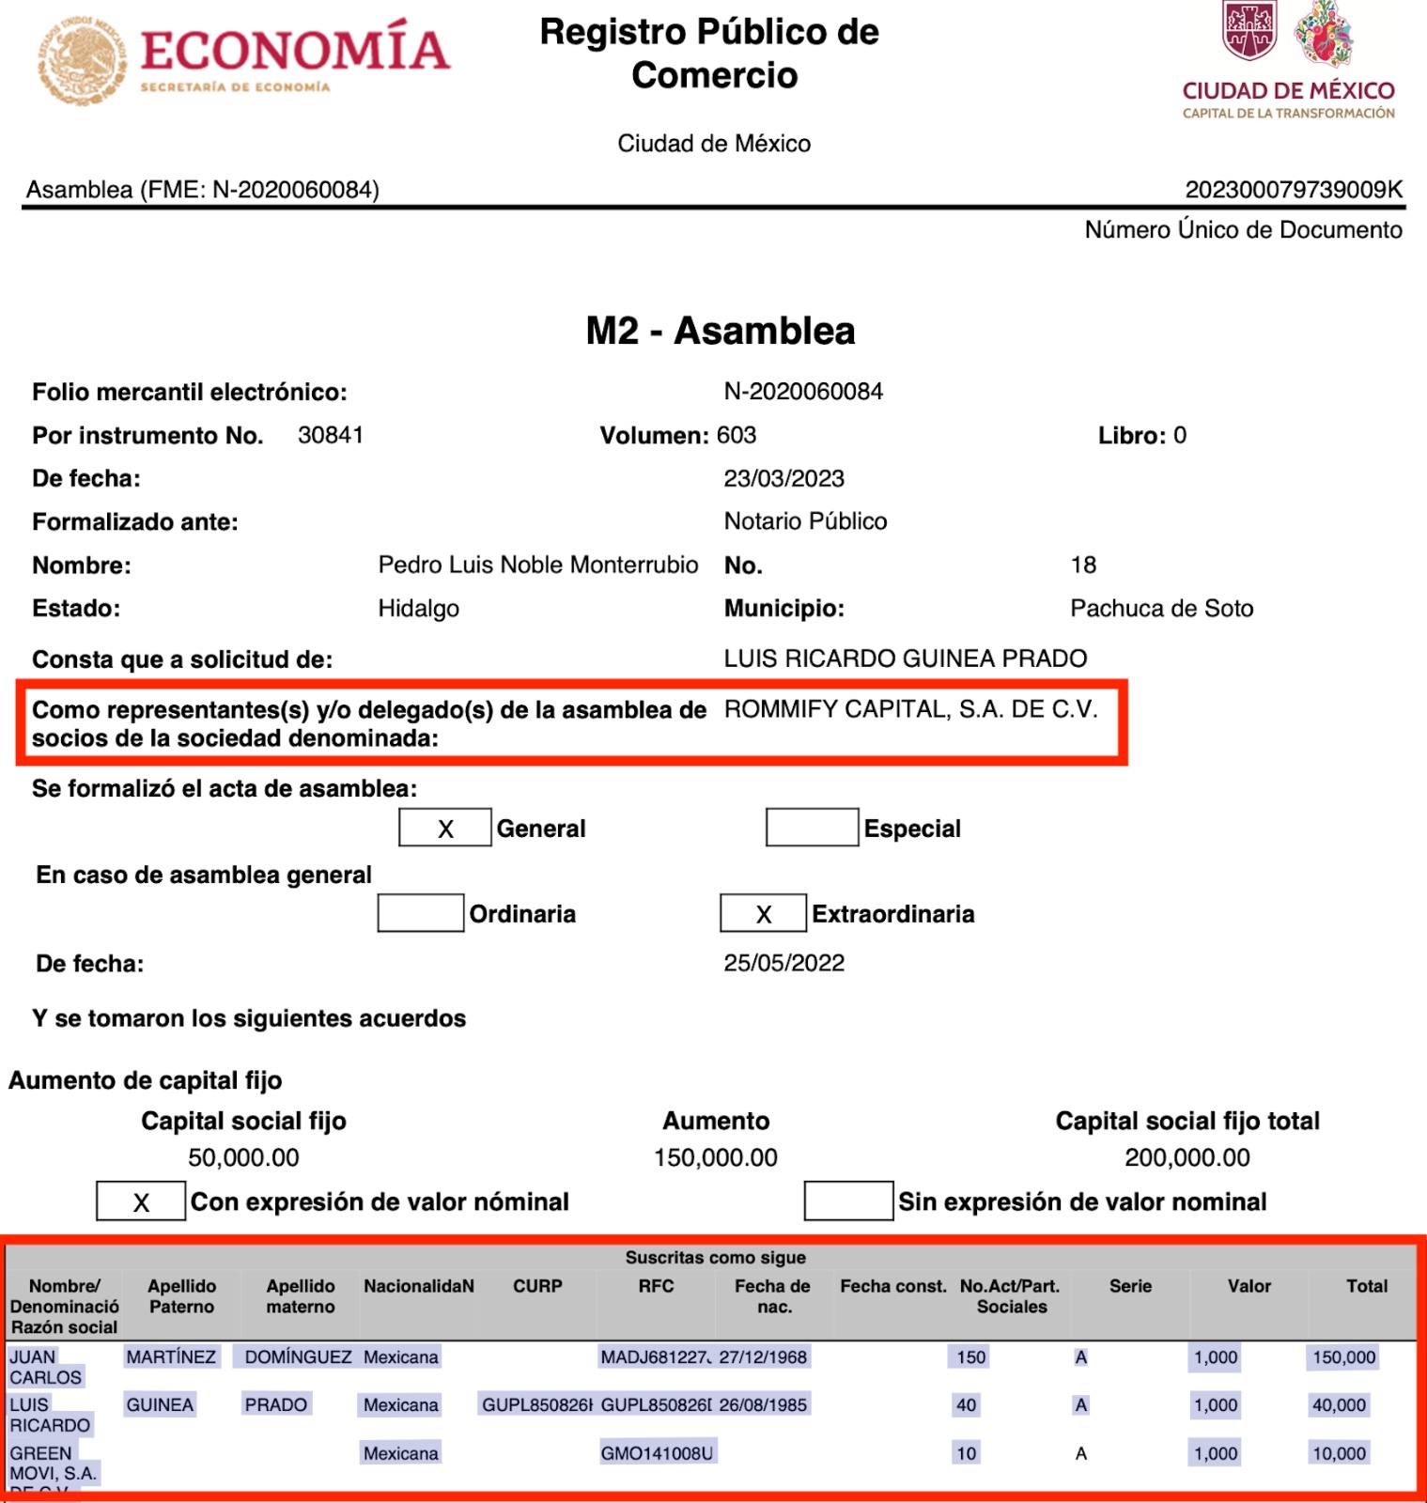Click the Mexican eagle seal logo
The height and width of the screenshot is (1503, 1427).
tap(82, 60)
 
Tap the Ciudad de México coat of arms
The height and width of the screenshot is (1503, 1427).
tap(1249, 30)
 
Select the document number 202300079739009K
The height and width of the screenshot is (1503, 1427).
tap(1294, 190)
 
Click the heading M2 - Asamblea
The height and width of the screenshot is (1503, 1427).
tap(720, 331)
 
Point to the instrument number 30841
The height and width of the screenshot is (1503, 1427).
tap(330, 435)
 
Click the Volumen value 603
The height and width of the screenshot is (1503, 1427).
tap(736, 435)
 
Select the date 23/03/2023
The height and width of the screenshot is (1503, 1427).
tap(783, 478)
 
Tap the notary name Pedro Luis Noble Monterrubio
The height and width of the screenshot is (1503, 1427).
tap(537, 565)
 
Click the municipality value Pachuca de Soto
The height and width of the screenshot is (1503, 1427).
tap(1161, 608)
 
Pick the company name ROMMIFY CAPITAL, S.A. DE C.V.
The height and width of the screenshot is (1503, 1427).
tap(910, 709)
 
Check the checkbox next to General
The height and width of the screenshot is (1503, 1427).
tap(444, 828)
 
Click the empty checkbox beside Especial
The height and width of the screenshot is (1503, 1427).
tap(812, 828)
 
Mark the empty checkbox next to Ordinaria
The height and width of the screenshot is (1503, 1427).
tap(420, 913)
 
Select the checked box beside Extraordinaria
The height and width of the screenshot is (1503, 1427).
tap(763, 913)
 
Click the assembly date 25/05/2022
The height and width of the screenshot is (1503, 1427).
tap(783, 963)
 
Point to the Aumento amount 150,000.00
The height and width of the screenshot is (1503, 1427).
tap(716, 1157)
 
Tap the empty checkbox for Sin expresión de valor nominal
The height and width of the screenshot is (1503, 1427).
tap(847, 1201)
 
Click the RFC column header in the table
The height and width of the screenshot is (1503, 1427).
tap(656, 1286)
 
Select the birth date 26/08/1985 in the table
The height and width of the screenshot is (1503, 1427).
tap(763, 1405)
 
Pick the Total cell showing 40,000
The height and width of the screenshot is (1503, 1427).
tap(1339, 1405)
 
